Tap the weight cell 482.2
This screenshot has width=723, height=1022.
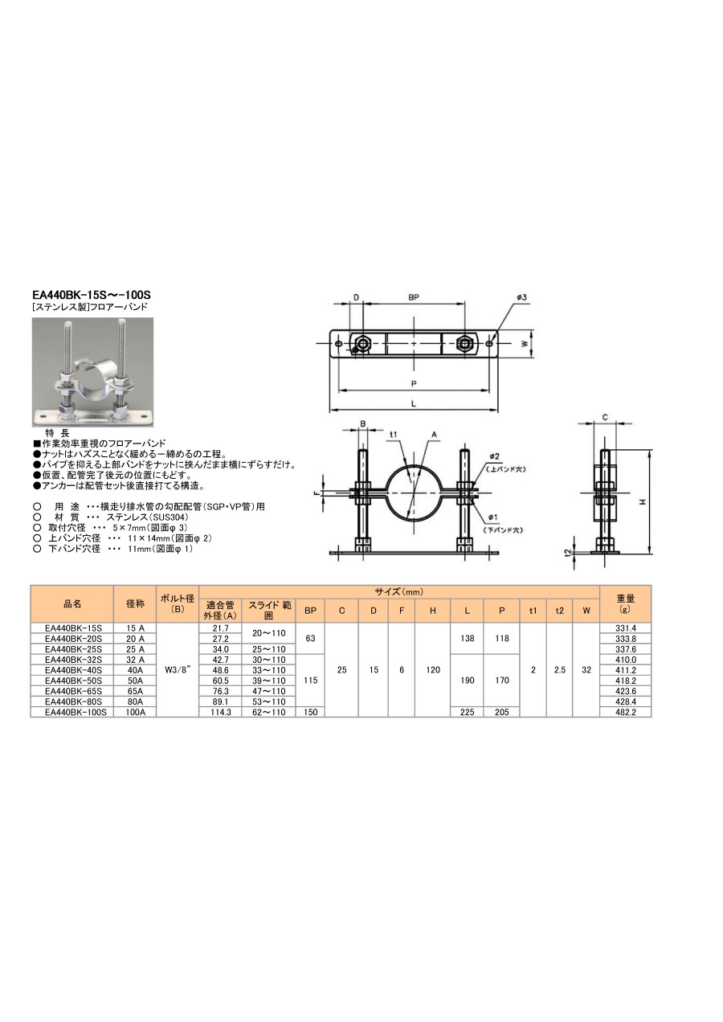coord(625,712)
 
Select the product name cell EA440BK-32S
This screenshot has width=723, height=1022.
coord(73,660)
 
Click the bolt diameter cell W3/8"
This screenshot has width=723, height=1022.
coord(178,670)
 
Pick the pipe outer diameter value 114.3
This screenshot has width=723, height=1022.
coord(220,712)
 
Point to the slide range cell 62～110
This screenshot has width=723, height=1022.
coord(268,712)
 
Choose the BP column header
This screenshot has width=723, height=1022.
coord(310,611)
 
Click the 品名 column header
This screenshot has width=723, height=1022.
coord(72,603)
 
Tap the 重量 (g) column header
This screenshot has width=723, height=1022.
coord(625,603)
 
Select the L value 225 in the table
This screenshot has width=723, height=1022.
coord(467,712)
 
